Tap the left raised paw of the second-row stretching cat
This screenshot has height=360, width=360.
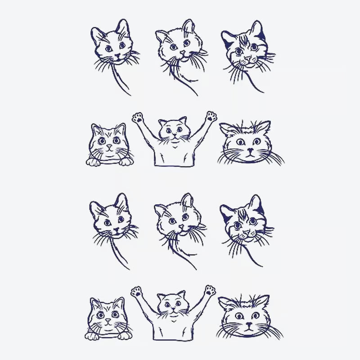coord(138,118)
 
